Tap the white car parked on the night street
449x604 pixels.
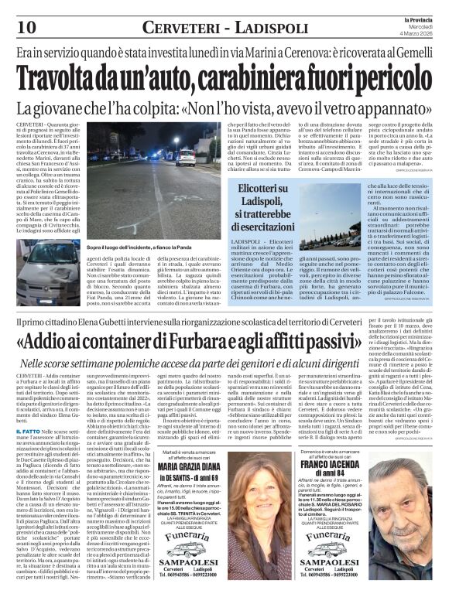(186, 159)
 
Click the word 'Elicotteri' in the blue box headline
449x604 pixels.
(238, 189)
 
